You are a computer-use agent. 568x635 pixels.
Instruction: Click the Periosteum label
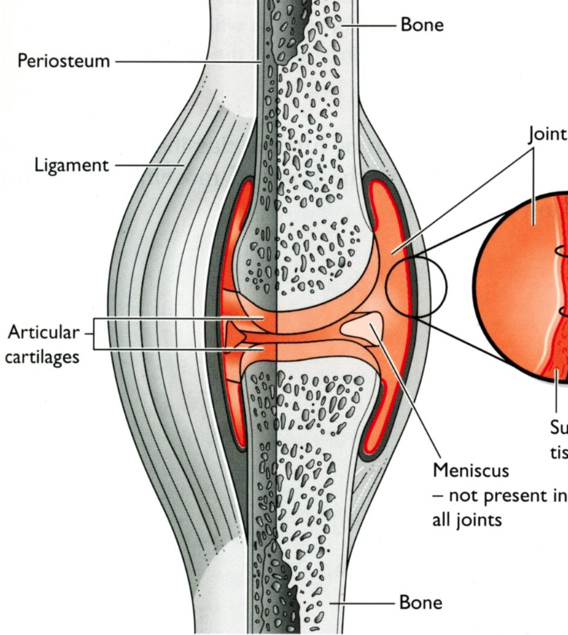[64, 61]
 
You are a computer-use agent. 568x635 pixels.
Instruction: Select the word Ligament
[71, 165]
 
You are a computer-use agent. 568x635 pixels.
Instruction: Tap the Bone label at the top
[421, 25]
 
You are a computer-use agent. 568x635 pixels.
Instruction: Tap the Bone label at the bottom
[421, 602]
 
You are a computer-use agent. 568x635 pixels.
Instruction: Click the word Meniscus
[471, 469]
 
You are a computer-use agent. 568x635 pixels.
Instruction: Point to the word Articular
[43, 333]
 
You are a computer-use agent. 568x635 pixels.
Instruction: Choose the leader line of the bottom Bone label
[364, 603]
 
